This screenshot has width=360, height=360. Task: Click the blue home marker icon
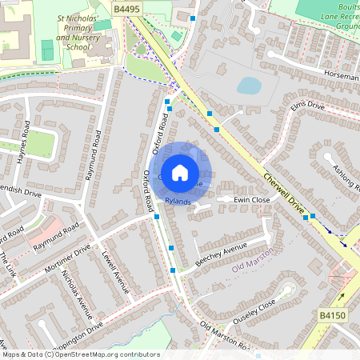point(180,172)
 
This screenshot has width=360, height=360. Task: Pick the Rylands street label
point(178,202)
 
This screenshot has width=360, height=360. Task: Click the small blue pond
point(249,86)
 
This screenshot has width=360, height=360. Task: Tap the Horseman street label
point(342,74)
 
